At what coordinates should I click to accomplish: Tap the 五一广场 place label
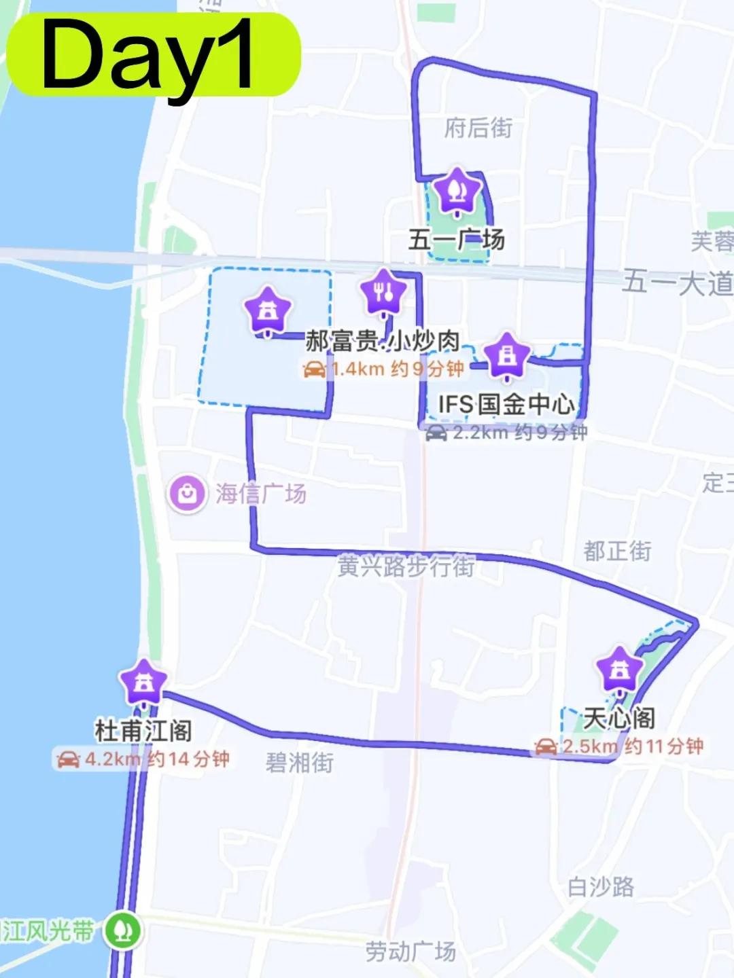pyautogui.click(x=456, y=239)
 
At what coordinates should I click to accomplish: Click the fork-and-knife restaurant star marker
pyautogui.click(x=384, y=292)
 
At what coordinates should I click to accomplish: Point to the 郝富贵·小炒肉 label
pyautogui.click(x=383, y=340)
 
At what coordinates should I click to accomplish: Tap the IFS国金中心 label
pyautogui.click(x=506, y=404)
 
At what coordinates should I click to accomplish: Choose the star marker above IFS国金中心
pyautogui.click(x=507, y=355)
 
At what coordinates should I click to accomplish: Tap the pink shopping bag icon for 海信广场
pyautogui.click(x=187, y=494)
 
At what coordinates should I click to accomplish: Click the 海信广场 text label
pyautogui.click(x=261, y=494)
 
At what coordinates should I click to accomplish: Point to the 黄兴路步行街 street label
pyautogui.click(x=406, y=566)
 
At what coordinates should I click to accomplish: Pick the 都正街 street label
pyautogui.click(x=617, y=551)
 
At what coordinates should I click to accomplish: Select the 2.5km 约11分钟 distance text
pyautogui.click(x=632, y=746)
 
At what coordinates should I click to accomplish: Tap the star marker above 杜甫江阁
pyautogui.click(x=143, y=682)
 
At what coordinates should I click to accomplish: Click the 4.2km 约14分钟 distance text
pyautogui.click(x=156, y=759)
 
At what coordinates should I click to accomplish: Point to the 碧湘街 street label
pyautogui.click(x=299, y=763)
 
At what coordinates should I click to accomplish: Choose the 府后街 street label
pyautogui.click(x=478, y=128)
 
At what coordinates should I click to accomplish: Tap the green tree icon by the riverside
pyautogui.click(x=122, y=930)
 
